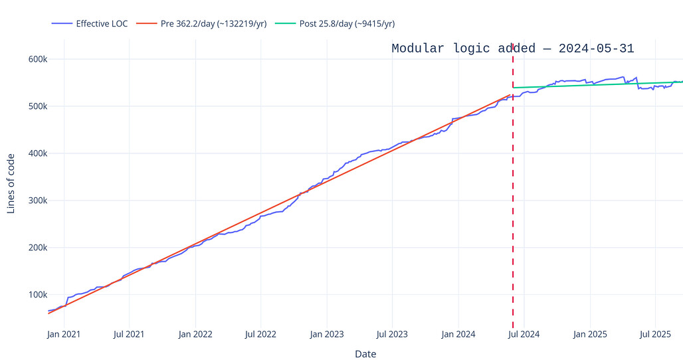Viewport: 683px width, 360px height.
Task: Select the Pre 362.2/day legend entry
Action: pos(213,24)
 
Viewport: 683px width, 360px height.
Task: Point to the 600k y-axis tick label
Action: pos(37,59)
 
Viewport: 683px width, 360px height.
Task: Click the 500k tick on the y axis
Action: pos(37,106)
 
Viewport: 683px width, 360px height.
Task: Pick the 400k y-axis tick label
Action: pos(37,153)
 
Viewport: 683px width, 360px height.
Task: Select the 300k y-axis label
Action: pos(37,201)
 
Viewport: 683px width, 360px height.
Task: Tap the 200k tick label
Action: pos(37,248)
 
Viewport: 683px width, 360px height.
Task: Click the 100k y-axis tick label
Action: pos(37,295)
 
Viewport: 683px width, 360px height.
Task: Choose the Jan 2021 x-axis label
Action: pos(64,334)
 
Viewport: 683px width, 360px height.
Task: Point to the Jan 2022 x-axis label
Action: pos(195,334)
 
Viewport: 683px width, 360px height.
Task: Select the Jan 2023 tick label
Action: pos(327,334)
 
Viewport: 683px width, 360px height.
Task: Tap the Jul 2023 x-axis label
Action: pos(391,334)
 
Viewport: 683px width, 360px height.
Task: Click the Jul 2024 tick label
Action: pos(524,334)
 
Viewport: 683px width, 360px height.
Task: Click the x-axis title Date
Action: pos(365,354)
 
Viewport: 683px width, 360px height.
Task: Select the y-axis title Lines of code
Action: pos(11,183)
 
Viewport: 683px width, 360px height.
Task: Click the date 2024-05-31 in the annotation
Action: pos(596,48)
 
